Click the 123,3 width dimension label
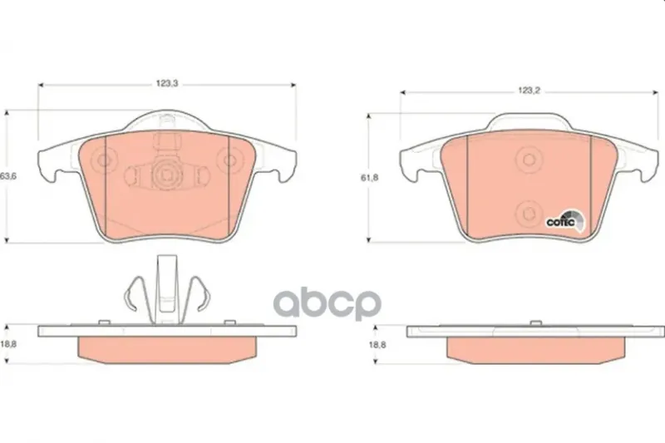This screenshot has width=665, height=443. [x=167, y=83]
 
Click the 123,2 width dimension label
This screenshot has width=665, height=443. [x=529, y=91]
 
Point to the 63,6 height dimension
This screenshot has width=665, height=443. [x=8, y=176]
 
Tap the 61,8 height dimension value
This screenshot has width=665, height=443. [x=369, y=178]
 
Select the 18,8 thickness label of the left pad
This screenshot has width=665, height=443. [x=8, y=344]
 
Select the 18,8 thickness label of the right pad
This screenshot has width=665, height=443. [x=377, y=345]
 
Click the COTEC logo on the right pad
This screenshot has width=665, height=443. [x=565, y=221]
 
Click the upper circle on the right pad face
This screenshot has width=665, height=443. [x=529, y=160]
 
